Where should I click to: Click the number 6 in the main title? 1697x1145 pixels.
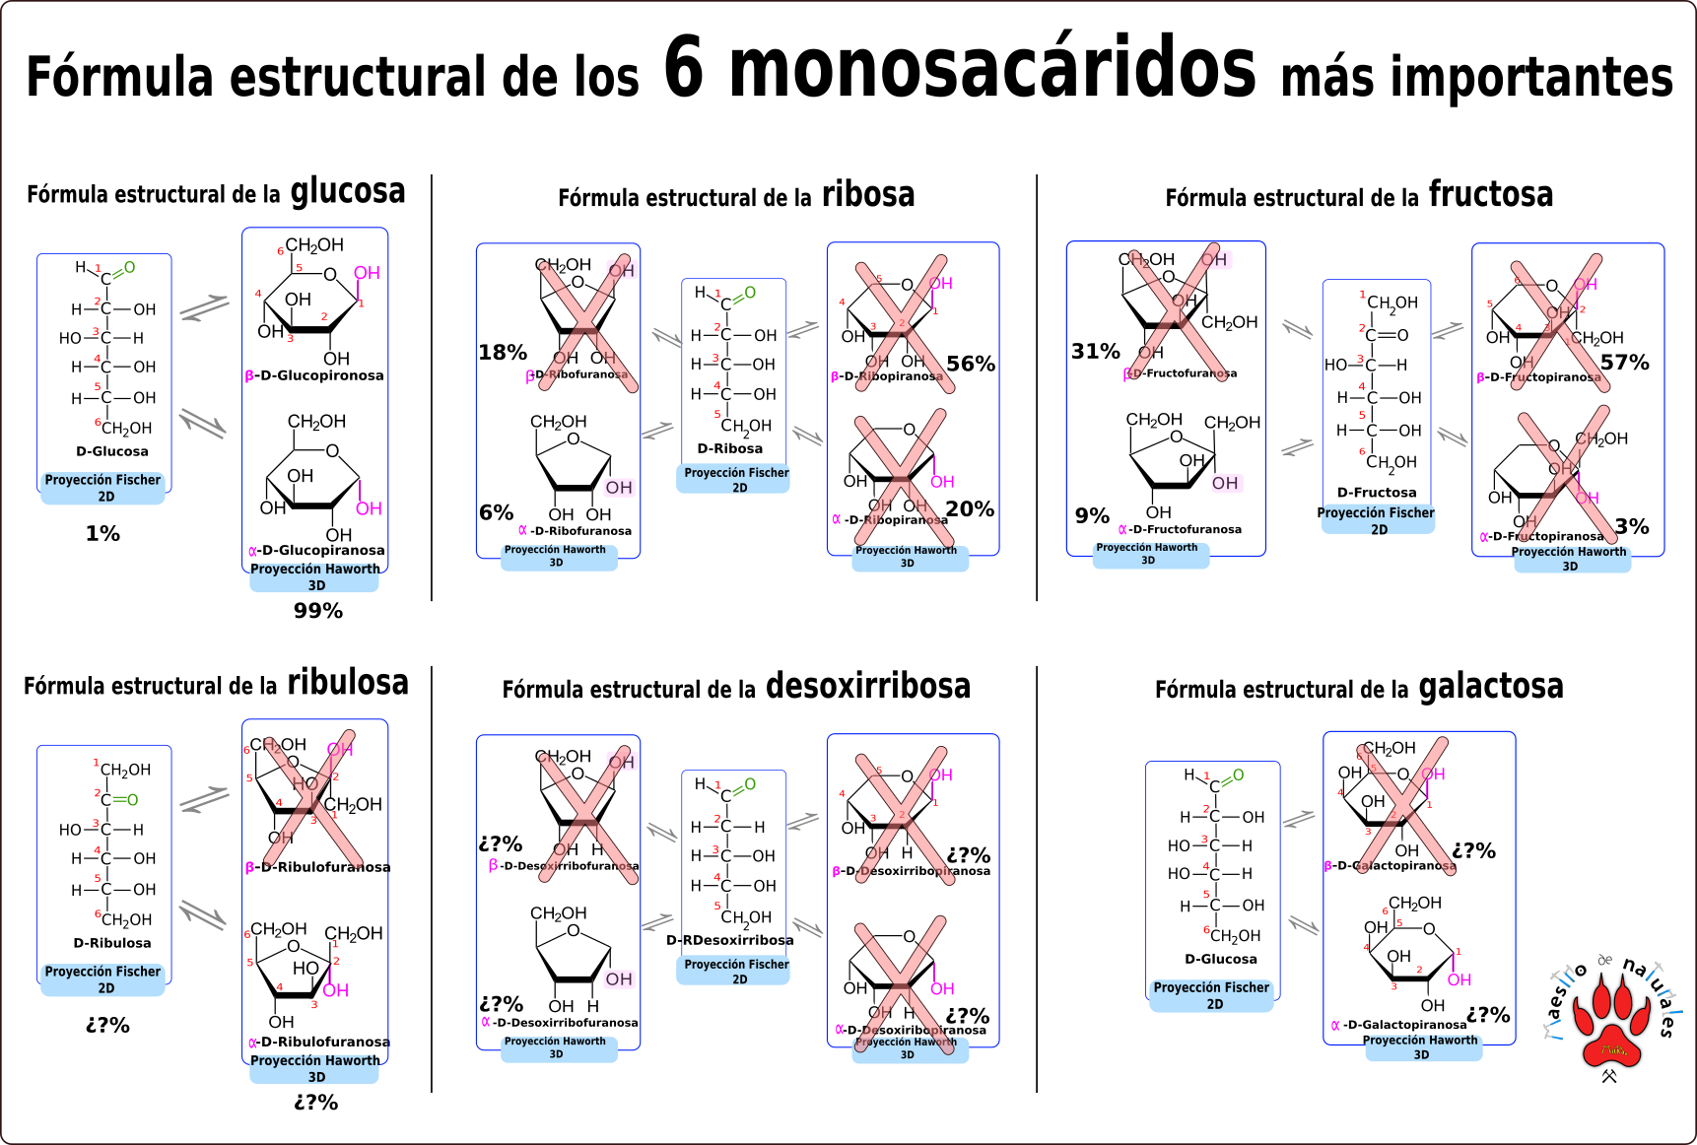pyautogui.click(x=684, y=68)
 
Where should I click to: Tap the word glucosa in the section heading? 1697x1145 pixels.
pyautogui.click(x=347, y=191)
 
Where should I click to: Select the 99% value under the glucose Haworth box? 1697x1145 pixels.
pyautogui.click(x=318, y=611)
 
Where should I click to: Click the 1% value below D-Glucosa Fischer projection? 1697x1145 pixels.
pyautogui.click(x=102, y=534)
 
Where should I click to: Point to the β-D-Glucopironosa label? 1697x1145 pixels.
pyautogui.click(x=314, y=375)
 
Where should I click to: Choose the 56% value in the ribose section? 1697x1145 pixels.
pyautogui.click(x=971, y=364)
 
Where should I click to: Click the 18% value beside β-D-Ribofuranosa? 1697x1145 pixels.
pyautogui.click(x=503, y=353)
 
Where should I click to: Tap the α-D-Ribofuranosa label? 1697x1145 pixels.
pyautogui.click(x=576, y=531)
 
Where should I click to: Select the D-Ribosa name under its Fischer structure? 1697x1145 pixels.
pyautogui.click(x=729, y=448)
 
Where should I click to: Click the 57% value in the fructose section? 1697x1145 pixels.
pyautogui.click(x=1625, y=363)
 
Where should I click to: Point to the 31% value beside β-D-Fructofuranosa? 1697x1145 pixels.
pyautogui.click(x=1096, y=352)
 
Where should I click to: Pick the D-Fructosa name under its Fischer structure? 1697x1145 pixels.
pyautogui.click(x=1377, y=493)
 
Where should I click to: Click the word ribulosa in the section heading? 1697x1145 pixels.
pyautogui.click(x=347, y=683)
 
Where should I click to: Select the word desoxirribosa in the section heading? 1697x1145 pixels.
pyautogui.click(x=867, y=686)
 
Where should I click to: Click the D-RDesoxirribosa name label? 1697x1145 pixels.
pyautogui.click(x=729, y=940)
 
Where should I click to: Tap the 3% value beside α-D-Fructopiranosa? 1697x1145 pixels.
pyautogui.click(x=1632, y=526)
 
